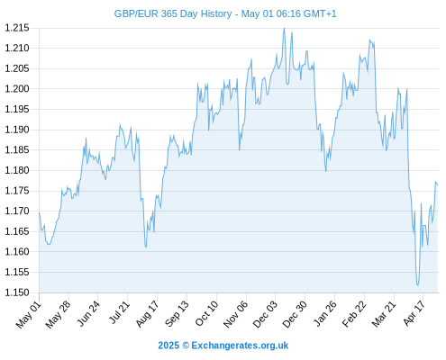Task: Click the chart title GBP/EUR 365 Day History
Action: [x=173, y=13]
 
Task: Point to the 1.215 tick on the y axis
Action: [x=17, y=28]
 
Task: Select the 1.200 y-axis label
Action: [x=17, y=89]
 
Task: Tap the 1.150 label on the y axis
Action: [x=17, y=292]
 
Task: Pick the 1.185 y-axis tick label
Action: [x=17, y=149]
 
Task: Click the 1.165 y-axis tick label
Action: [x=17, y=231]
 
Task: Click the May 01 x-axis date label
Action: [x=29, y=314]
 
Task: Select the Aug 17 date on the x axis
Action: [x=147, y=314]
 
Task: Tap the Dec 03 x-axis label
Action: [x=264, y=314]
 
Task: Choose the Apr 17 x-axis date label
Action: [x=414, y=313]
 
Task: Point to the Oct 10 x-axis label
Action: [x=206, y=313]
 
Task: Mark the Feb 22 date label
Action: [x=354, y=314]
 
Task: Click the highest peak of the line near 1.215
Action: [x=284, y=28]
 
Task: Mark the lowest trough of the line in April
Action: [x=417, y=285]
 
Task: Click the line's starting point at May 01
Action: [x=39, y=212]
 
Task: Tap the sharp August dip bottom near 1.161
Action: [x=146, y=247]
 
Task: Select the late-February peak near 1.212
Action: [x=369, y=40]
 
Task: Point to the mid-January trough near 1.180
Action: [x=326, y=171]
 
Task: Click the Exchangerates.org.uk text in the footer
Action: [x=240, y=346]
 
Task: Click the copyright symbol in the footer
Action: [x=186, y=346]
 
